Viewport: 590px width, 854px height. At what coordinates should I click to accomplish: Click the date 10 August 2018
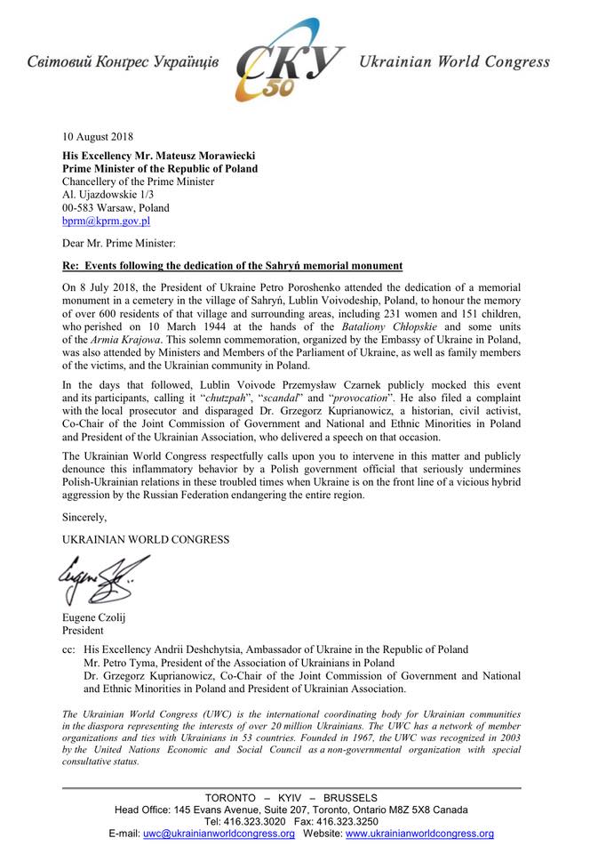click(98, 137)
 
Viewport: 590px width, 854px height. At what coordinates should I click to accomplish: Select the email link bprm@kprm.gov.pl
click(106, 221)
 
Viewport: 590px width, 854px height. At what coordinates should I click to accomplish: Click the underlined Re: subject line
click(232, 266)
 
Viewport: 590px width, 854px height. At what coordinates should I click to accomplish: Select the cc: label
click(68, 650)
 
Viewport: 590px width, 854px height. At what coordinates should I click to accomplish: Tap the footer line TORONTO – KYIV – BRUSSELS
click(291, 797)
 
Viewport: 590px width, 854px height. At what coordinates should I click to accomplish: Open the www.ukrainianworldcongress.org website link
click(419, 834)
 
